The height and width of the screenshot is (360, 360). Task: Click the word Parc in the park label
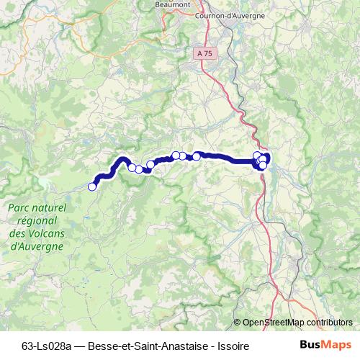point(20,207)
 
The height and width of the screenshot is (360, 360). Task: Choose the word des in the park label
point(17,233)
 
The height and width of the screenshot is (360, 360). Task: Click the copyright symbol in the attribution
point(238,323)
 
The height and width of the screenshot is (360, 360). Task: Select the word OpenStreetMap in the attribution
point(274,323)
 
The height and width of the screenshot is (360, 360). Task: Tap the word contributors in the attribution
point(330,323)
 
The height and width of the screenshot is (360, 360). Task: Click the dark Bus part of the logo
point(310,345)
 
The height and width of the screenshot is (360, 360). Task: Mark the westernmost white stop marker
point(92,187)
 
